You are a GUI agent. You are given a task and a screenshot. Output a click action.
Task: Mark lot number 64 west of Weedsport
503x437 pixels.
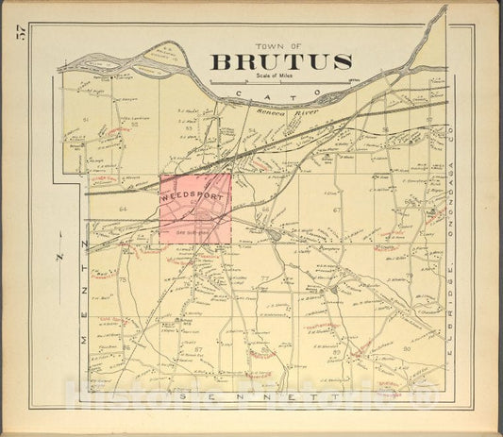click(x=122, y=208)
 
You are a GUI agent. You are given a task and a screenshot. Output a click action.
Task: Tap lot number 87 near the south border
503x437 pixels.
click(x=198, y=349)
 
